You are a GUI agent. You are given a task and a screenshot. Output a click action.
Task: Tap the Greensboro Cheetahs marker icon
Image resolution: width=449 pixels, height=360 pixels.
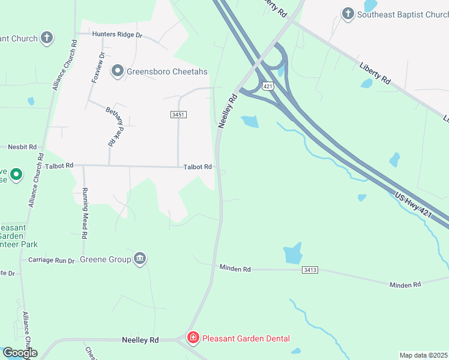pos(117,72)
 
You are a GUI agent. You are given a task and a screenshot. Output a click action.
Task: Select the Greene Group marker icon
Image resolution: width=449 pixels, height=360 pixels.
pos(140,259)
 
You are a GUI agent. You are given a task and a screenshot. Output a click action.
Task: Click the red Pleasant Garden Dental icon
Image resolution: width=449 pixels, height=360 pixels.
pos(193,338)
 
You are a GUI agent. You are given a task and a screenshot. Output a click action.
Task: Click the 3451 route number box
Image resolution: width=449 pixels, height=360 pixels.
pos(177,114)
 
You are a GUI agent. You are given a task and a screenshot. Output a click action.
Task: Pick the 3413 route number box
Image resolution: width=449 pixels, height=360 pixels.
pos(310,271)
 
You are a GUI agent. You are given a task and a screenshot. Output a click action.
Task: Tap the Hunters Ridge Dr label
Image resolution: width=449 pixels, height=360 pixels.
pos(117,35)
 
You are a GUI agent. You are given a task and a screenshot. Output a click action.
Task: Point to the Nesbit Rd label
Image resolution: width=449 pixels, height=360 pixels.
pos(22,146)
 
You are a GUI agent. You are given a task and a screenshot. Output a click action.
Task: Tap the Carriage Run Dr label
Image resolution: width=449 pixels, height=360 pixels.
pos(51,260)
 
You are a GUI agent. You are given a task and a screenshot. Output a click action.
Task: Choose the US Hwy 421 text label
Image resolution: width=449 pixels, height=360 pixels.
pos(414,204)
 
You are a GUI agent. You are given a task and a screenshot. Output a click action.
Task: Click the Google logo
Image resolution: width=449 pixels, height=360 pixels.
pos(19,353)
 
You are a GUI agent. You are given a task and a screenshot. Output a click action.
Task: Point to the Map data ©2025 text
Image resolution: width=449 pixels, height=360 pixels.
pos(423,355)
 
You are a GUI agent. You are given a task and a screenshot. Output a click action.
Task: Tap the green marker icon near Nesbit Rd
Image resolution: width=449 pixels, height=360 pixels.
pos(16,175)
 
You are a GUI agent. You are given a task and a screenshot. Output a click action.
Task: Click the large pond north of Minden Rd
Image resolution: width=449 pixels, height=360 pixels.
pos(292,254)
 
